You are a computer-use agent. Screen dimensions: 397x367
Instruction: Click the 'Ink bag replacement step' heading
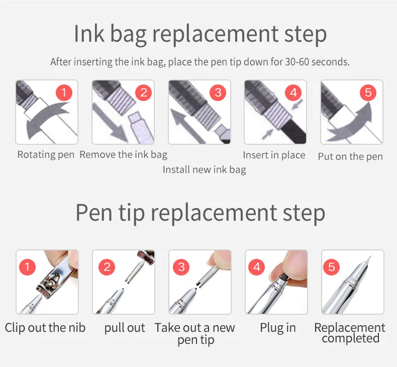[x=200, y=35]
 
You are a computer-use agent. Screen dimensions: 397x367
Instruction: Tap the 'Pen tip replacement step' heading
[x=201, y=213]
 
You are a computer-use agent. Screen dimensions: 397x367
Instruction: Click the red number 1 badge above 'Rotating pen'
[x=64, y=93]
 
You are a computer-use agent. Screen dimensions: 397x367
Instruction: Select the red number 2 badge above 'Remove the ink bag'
[x=144, y=93]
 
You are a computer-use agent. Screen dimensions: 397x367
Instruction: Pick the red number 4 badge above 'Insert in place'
[x=293, y=93]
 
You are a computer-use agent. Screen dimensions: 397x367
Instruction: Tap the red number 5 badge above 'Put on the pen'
[x=368, y=93]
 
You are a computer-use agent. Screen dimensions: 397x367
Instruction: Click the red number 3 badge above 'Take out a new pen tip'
[x=181, y=267]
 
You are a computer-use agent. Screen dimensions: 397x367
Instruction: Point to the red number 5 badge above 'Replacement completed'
[x=332, y=267]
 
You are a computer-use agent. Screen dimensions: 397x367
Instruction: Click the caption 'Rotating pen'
[x=46, y=155]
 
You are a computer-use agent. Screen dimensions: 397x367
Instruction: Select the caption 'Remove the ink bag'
[x=124, y=155]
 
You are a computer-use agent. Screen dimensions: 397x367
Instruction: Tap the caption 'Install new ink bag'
[x=205, y=170]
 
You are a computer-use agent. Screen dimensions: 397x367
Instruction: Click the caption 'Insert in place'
[x=274, y=155]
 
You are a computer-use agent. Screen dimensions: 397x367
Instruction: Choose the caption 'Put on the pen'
[x=350, y=156]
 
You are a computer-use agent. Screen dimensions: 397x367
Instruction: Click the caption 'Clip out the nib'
[x=45, y=328]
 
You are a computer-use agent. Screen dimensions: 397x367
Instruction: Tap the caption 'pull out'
[x=125, y=328]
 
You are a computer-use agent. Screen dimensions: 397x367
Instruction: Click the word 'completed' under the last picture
[x=351, y=338]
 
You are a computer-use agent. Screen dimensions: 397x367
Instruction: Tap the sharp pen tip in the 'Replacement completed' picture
[x=368, y=260]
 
